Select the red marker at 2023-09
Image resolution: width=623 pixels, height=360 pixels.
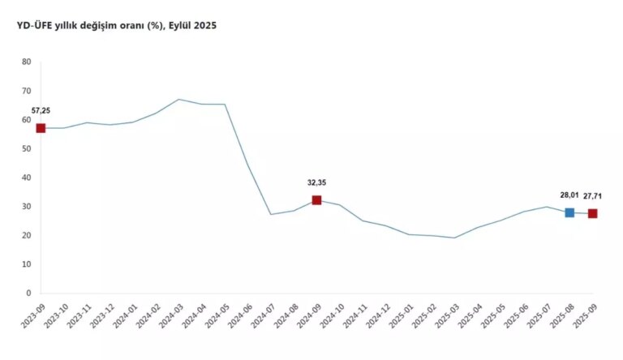pos(41,128)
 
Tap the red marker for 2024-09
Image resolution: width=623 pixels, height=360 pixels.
pos(316,200)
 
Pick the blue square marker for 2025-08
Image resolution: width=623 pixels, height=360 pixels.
pos(569,212)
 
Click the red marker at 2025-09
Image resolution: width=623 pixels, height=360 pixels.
pos(593,213)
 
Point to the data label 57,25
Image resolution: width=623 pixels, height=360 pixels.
pos(41,110)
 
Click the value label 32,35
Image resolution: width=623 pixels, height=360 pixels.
pos(316,182)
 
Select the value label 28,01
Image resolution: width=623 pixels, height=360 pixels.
pos(569,195)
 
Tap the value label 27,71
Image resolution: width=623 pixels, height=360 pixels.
pos(593,195)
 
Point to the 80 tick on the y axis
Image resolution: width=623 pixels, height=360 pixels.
pos(27,62)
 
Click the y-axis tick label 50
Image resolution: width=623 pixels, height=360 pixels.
pos(27,149)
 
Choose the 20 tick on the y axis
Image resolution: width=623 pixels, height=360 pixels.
pos(27,236)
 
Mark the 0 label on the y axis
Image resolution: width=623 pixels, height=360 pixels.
pos(28,294)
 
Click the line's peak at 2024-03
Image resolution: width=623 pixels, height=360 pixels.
pos(179,100)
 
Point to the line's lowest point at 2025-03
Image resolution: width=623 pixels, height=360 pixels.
pos(454,238)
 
